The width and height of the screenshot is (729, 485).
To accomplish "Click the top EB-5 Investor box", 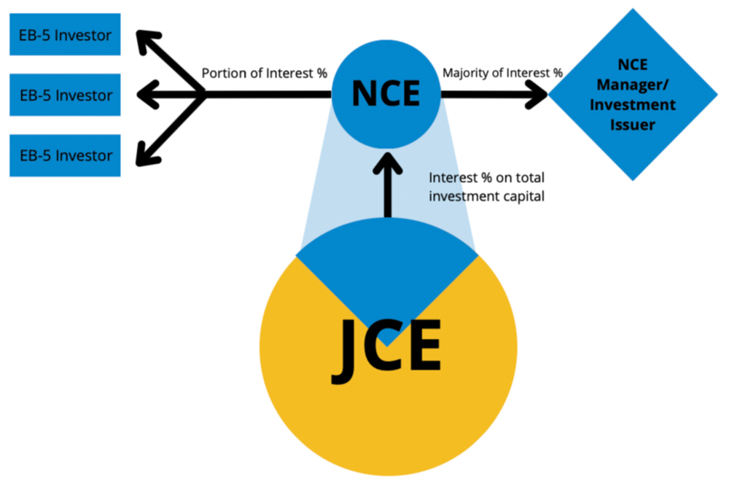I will (65, 34).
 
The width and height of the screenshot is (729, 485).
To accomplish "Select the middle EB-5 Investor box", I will (65, 95).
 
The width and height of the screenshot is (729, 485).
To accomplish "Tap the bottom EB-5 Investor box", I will (65, 155).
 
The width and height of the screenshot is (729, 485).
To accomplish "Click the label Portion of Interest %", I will (264, 73).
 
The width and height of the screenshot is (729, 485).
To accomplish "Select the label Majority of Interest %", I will (503, 73).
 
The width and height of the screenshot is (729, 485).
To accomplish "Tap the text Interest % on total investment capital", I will (486, 187).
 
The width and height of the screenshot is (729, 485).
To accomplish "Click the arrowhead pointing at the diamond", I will (539, 93).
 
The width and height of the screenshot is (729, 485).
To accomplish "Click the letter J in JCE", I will (349, 352).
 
